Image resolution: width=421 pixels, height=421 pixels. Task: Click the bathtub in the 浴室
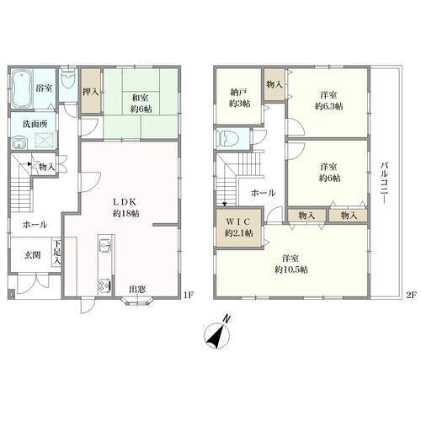click(22, 88)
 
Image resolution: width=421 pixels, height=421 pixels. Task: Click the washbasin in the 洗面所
click(19, 143)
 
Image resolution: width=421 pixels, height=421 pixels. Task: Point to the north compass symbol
click(217, 333)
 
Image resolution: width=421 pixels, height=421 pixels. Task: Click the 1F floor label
click(189, 295)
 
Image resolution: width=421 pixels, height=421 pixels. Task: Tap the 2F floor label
click(411, 295)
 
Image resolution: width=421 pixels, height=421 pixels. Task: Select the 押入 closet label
click(91, 91)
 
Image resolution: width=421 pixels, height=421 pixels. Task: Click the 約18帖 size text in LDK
click(125, 213)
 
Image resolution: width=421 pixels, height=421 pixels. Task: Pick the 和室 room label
click(141, 98)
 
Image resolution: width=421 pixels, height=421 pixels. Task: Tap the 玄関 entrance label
click(33, 255)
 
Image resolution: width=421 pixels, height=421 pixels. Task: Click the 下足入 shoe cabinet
click(56, 252)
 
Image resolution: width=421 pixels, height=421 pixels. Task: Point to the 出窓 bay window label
click(137, 290)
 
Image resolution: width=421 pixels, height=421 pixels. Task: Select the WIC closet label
click(238, 221)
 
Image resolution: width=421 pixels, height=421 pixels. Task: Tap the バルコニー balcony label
click(384, 184)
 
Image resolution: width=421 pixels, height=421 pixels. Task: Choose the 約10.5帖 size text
click(291, 269)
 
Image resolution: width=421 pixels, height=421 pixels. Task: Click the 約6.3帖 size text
click(328, 106)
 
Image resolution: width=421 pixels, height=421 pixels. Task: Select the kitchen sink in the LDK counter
click(105, 246)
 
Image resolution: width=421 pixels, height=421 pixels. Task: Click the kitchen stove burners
click(104, 285)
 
